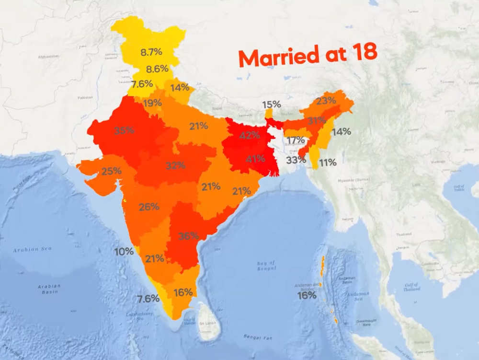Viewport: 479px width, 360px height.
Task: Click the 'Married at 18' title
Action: (307, 55)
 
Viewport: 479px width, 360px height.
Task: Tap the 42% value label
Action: (250, 136)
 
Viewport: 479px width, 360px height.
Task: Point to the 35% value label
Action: (124, 130)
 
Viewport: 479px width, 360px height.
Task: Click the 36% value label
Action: (188, 236)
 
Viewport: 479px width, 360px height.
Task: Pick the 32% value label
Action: (176, 166)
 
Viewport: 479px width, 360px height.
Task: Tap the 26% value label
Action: (149, 207)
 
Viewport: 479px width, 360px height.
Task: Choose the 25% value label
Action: (111, 171)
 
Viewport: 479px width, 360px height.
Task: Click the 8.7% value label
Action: (150, 53)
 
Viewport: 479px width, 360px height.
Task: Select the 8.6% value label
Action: (157, 69)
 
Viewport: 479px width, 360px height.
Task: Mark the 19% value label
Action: (151, 103)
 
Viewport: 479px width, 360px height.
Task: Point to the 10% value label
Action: (124, 251)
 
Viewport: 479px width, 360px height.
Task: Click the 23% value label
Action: (326, 101)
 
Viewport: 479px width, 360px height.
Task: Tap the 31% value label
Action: (316, 121)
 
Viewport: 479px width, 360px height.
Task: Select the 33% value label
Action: (296, 160)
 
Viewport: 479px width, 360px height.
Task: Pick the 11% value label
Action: (328, 163)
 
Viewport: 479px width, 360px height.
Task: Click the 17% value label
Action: (296, 140)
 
